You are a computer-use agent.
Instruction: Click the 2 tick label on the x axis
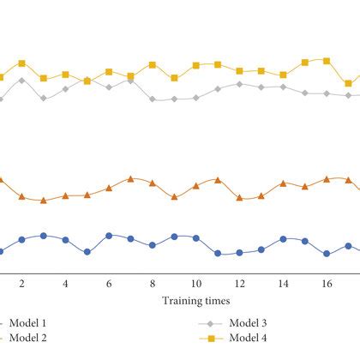pyautogui.click(x=21, y=284)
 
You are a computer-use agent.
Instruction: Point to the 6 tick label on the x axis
pyautogui.click(x=109, y=284)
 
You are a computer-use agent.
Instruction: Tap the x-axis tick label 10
pyautogui.click(x=196, y=284)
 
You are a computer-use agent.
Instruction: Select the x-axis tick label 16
pyautogui.click(x=327, y=284)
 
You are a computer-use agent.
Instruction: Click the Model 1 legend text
pyautogui.click(x=30, y=323)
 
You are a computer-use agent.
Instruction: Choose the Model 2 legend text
pyautogui.click(x=30, y=338)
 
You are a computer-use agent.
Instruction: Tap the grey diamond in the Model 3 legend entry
pyautogui.click(x=207, y=323)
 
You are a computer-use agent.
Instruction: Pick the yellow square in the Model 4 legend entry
pyautogui.click(x=207, y=338)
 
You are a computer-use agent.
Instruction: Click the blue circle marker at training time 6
pyautogui.click(x=109, y=236)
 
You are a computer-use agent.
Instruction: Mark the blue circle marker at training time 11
pyautogui.click(x=218, y=254)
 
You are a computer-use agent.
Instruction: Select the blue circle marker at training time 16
pyautogui.click(x=327, y=254)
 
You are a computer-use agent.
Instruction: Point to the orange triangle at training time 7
pyautogui.click(x=130, y=178)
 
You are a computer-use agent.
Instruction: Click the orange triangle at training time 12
pyautogui.click(x=240, y=198)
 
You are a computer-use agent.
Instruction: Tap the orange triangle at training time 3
pyautogui.click(x=43, y=200)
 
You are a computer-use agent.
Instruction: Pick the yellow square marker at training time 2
pyautogui.click(x=21, y=63)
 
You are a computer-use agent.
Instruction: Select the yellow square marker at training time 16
pyautogui.click(x=327, y=60)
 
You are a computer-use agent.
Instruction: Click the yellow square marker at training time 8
pyautogui.click(x=153, y=65)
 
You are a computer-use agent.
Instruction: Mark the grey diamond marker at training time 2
pyautogui.click(x=21, y=81)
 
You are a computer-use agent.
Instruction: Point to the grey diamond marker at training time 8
pyautogui.click(x=153, y=99)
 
